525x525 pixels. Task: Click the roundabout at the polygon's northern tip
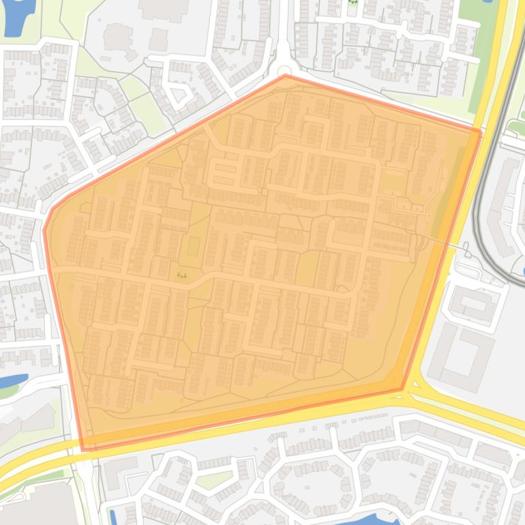coord(284,70)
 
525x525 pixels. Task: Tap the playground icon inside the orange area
coord(181,275)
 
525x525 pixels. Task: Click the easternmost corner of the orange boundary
coord(481,132)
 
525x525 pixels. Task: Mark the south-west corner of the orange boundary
coord(83,449)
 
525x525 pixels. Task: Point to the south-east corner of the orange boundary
coord(402,390)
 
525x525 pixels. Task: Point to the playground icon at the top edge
coord(352,3)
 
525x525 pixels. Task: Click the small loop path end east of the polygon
coord(467,253)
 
